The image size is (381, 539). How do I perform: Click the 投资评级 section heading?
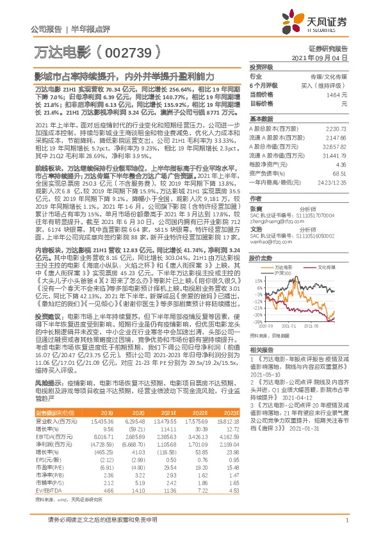click(261, 67)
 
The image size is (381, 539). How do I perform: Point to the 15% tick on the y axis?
click(255, 280)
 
